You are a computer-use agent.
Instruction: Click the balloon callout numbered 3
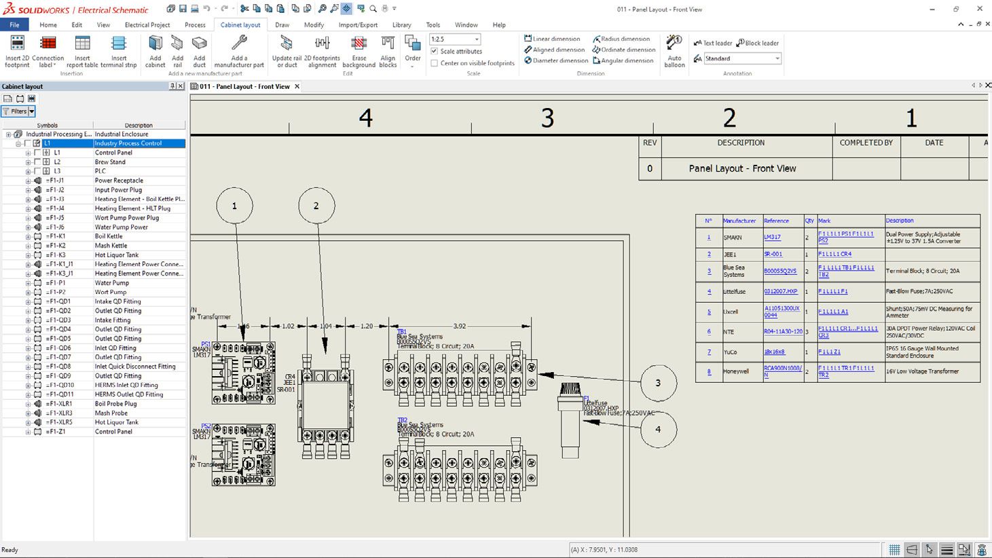coord(657,383)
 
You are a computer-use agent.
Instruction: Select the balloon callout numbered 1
coord(234,206)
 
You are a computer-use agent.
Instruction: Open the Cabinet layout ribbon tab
coord(240,25)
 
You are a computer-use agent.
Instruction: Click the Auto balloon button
coord(674,52)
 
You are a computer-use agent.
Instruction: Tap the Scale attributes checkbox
coord(435,51)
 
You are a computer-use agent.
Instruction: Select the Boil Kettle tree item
coord(109,236)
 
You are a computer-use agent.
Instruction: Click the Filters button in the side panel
coord(18,111)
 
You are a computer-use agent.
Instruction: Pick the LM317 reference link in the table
coord(772,238)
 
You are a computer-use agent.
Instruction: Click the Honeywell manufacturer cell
coord(736,371)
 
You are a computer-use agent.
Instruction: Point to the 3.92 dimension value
coord(460,327)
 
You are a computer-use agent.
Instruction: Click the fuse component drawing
coord(570,421)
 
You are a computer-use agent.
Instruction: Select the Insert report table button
coord(82,52)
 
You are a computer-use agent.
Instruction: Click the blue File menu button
coord(14,25)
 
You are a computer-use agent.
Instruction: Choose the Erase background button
coord(359,52)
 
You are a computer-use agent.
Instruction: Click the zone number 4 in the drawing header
coord(365,118)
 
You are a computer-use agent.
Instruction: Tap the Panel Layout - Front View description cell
coord(742,168)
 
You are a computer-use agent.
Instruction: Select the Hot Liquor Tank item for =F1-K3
coord(117,255)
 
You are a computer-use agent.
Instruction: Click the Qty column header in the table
coord(809,221)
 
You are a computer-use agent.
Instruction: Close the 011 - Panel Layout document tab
coord(297,87)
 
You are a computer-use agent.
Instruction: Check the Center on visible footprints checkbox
coord(435,63)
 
